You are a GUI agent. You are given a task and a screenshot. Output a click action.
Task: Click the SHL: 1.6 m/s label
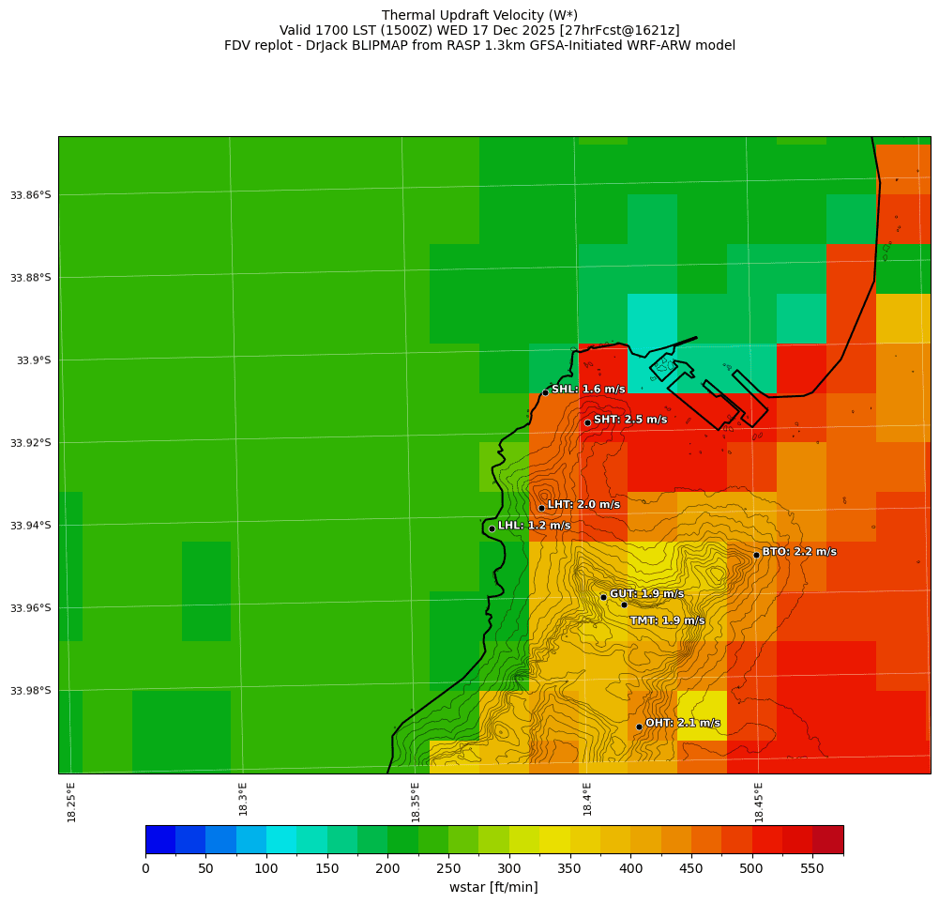click(588, 390)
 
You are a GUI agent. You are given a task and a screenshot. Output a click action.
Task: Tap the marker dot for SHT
click(587, 422)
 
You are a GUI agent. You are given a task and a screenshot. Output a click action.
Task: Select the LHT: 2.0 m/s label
click(583, 505)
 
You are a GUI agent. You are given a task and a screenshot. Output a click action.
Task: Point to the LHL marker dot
click(492, 528)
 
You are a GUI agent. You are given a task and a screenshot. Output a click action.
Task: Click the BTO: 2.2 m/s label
click(799, 552)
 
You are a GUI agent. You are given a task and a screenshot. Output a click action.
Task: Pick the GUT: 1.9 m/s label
click(646, 594)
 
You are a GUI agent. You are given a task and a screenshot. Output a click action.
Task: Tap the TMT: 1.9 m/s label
click(667, 620)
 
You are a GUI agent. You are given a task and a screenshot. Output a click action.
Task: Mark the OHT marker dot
click(639, 727)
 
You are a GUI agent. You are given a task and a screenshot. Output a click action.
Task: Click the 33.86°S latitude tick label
click(31, 195)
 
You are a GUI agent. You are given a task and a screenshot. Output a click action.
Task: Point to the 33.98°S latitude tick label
click(31, 691)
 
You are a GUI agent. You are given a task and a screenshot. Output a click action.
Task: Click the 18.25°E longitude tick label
click(72, 802)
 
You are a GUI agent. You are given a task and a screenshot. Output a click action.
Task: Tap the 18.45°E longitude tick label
click(759, 802)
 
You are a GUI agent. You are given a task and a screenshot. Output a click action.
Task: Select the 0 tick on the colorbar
click(145, 869)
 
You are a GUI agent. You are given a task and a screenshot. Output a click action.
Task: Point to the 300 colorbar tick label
click(509, 869)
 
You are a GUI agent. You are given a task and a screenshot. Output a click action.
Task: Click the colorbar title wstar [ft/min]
click(493, 887)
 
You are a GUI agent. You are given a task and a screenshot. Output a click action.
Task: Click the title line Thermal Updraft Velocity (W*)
click(479, 15)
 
